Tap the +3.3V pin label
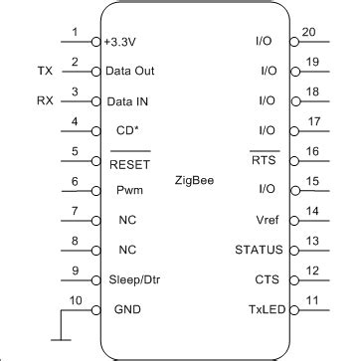pos(124,44)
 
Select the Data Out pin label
pos(130,72)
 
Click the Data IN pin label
pos(128,100)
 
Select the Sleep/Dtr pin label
pos(133,280)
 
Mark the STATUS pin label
pos(260,249)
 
